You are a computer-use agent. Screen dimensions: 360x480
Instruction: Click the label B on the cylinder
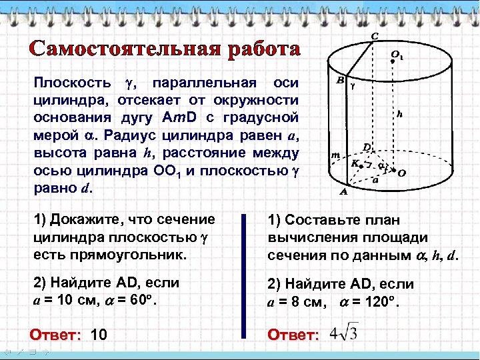click(x=340, y=81)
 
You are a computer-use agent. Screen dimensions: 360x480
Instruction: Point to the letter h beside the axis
click(x=399, y=114)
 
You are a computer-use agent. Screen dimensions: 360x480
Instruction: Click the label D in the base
click(x=366, y=147)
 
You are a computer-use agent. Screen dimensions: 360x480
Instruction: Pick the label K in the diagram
click(x=355, y=162)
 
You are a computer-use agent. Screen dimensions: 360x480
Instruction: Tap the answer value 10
click(x=98, y=334)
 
